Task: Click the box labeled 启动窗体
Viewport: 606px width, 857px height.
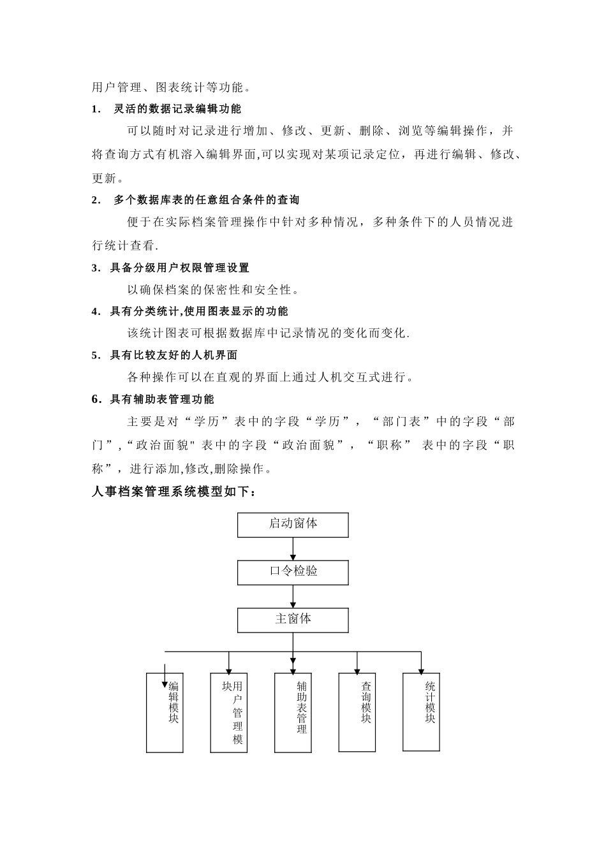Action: point(293,525)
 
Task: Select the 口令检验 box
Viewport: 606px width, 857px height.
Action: point(293,573)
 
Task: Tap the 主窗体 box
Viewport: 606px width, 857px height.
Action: point(293,620)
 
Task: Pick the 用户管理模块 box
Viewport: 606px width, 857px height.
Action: point(229,712)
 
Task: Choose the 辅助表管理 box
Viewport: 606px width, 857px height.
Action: point(293,712)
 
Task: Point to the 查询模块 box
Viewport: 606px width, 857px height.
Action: point(357,712)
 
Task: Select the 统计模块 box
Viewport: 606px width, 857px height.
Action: point(421,711)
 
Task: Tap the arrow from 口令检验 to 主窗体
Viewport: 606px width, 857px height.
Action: point(293,596)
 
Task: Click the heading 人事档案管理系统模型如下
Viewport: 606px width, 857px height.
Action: point(174,492)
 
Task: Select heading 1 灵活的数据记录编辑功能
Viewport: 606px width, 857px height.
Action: point(166,109)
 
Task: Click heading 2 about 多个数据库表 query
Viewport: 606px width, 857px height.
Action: point(195,200)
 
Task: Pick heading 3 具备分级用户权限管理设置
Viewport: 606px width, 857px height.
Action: point(170,268)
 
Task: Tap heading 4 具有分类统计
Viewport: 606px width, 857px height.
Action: point(189,311)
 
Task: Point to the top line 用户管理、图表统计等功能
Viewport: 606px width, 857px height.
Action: point(172,87)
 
